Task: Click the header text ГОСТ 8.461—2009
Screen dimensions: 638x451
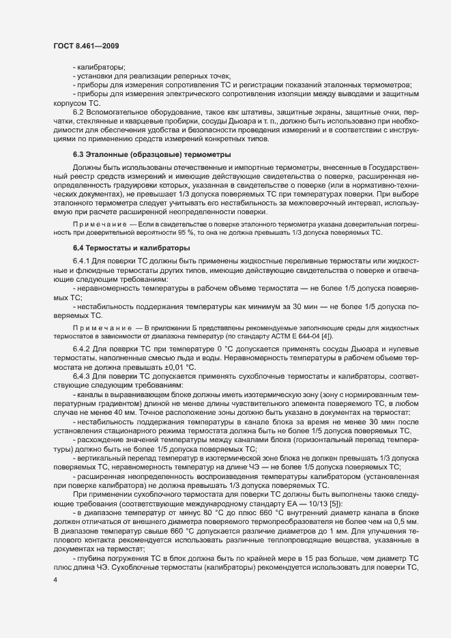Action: pyautogui.click(x=83, y=45)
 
